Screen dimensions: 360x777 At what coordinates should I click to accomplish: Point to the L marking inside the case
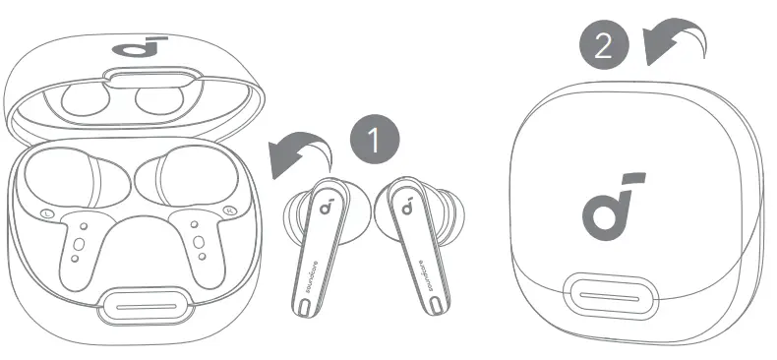click(45, 213)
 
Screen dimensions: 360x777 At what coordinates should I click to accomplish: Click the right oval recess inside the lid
click(154, 99)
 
